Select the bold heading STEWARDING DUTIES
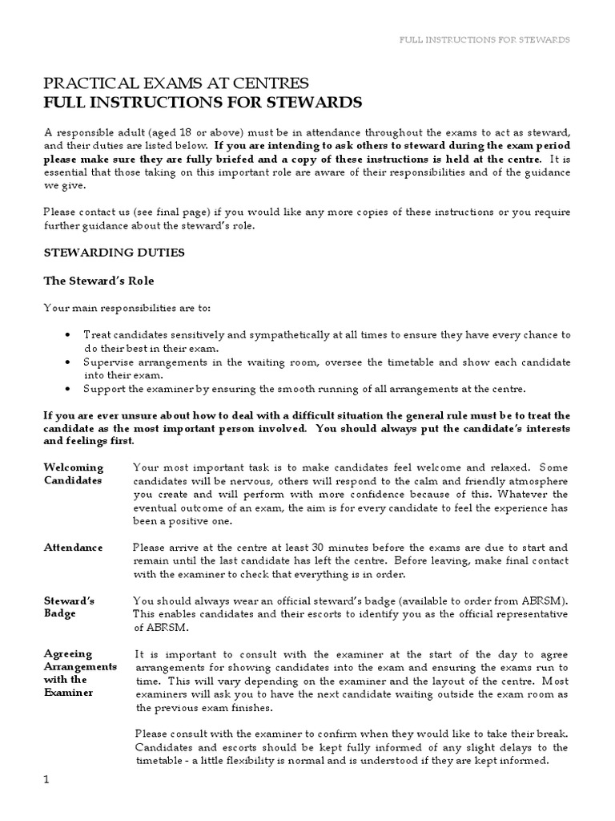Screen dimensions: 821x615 (x=114, y=252)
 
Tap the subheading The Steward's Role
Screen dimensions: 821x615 (x=98, y=281)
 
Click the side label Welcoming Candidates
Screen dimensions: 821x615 (x=74, y=474)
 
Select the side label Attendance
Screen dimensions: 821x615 (x=73, y=547)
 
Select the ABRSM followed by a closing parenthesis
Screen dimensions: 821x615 (x=544, y=601)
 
